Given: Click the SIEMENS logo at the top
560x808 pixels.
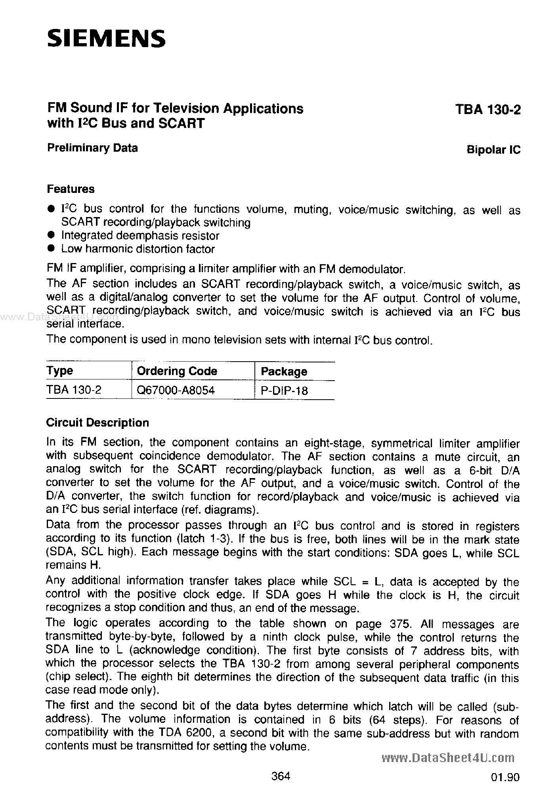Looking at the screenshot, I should pos(106,39).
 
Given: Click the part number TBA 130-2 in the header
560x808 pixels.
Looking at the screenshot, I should pos(487,110).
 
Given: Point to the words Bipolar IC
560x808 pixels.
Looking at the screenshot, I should pos(493,150).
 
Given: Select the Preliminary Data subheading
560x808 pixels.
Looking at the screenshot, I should pos(92,148).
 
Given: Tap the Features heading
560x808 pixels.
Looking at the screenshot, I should pos(71,189).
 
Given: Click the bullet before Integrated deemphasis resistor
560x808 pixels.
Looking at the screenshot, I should pos(50,235).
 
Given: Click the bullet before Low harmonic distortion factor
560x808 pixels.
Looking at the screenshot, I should pos(50,248).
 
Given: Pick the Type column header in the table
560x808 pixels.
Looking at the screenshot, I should pos(60,371).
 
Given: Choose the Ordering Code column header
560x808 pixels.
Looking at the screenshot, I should pos(177,371).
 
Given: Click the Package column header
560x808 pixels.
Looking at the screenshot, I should pos(284,372).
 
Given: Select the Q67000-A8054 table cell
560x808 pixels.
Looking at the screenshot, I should pos(176,390).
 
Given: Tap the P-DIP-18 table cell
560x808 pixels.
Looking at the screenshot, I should pos(284,391).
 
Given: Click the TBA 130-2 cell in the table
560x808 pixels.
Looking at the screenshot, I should pos(74,390).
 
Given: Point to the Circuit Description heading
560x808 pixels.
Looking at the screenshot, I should pos(97,423).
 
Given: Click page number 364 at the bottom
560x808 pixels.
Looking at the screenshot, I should pos(281,776).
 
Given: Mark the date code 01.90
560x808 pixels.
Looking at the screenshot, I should pos(504,777).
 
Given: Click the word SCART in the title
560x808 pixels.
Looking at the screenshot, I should pos(181,123).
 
